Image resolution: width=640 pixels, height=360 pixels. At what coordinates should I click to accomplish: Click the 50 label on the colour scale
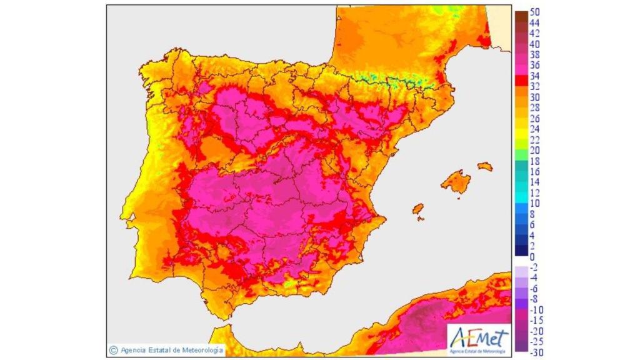click(534, 12)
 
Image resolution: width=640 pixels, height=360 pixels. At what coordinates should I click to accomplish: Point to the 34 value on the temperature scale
click(534, 76)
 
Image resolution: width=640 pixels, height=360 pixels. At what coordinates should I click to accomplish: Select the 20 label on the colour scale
click(534, 150)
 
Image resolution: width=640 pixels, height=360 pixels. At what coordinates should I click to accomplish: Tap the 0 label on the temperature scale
click(532, 257)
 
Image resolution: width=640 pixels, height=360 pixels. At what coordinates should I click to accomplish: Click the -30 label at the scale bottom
click(536, 352)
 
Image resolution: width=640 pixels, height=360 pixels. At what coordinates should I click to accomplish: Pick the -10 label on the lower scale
click(536, 309)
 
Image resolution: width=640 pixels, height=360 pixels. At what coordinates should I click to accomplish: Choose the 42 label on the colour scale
click(534, 33)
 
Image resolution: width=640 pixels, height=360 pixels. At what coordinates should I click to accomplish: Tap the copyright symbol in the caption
click(113, 350)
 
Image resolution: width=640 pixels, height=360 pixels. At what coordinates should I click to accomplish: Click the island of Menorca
click(485, 166)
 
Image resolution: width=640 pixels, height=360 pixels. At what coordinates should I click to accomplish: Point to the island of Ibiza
click(417, 208)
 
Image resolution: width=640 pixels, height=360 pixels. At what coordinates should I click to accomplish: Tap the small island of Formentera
click(421, 219)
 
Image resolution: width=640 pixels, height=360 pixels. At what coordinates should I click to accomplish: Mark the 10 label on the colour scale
click(534, 203)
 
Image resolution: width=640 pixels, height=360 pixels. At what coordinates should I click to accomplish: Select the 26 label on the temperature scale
click(534, 118)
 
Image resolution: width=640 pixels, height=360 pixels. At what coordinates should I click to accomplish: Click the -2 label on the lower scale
click(534, 267)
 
